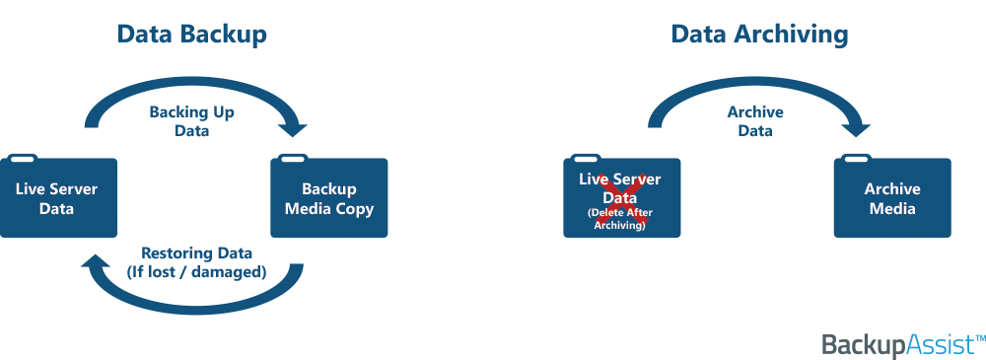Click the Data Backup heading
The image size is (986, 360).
192,34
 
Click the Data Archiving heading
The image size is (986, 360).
759,34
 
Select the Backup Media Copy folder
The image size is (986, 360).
329,196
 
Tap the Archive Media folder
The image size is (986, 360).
892,196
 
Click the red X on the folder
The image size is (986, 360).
621,197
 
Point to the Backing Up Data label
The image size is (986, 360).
192,121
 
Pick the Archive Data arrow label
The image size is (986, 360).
755,121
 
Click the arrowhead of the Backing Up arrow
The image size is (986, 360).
292,128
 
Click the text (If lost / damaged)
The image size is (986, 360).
197,272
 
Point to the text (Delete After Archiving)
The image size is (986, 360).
621,219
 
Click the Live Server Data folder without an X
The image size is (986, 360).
58,196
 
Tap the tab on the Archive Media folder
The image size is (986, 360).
856,158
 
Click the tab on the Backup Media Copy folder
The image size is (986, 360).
293,158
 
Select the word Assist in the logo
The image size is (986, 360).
940,345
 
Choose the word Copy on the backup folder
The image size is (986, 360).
355,209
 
